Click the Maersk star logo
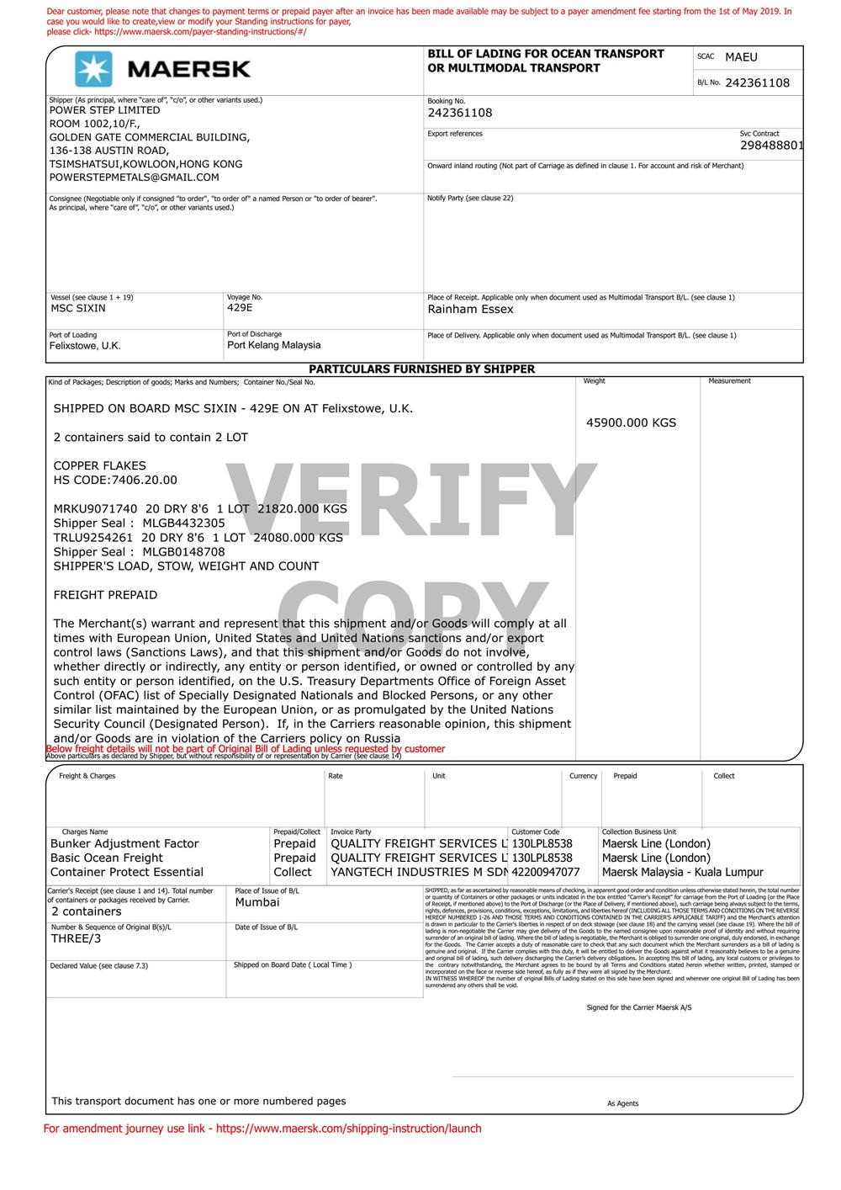93,69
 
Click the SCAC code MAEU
741,57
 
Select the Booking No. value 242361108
460,113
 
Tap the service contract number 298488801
771,145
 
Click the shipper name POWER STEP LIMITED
104,110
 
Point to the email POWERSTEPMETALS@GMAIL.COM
134,178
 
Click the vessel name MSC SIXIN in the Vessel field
78,308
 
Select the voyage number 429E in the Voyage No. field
240,308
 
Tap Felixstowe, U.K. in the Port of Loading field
85,346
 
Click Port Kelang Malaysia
273,345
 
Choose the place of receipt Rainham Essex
470,309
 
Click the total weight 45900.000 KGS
631,422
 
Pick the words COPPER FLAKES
99,465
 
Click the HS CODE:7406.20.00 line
115,480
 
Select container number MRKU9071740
95,508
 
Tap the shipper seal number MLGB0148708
183,552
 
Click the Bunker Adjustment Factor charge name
124,843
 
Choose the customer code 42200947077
546,872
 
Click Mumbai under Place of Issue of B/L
257,902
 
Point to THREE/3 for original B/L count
76,938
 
